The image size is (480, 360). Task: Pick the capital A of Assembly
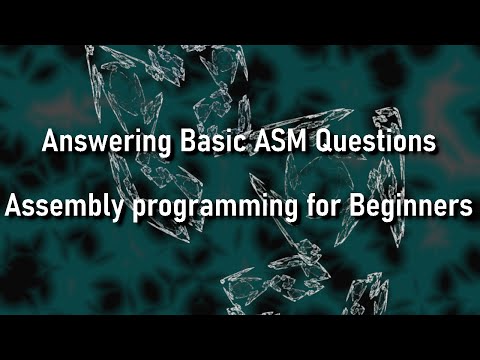(13, 208)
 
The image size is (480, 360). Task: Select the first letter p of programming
(113, 211)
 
